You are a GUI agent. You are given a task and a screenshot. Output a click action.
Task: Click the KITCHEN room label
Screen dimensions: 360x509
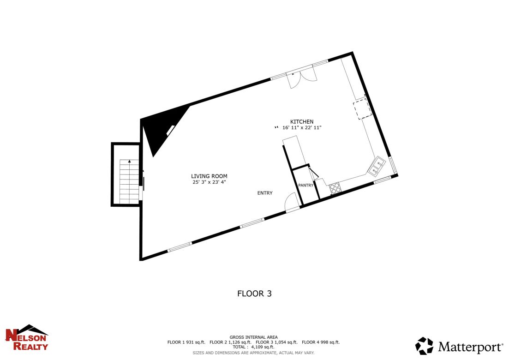click(x=301, y=122)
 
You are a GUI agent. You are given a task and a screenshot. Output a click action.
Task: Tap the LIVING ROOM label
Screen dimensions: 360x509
click(x=209, y=176)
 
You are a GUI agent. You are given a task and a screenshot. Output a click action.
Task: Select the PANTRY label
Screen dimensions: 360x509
click(x=306, y=186)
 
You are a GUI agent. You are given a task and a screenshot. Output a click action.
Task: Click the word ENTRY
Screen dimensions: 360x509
click(x=265, y=193)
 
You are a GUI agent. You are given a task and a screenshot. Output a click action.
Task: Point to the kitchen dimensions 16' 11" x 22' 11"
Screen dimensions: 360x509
click(x=302, y=128)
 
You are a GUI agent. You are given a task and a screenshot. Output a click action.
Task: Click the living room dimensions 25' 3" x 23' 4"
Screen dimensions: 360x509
click(x=209, y=182)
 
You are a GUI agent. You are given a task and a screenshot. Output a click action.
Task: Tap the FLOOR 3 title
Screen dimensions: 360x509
click(x=254, y=294)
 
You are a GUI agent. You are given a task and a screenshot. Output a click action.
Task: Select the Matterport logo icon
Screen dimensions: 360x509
click(x=424, y=346)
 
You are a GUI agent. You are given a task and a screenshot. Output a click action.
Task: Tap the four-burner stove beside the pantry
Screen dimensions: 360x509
click(x=335, y=188)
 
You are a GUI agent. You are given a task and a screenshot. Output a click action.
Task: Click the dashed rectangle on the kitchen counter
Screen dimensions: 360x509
click(x=363, y=109)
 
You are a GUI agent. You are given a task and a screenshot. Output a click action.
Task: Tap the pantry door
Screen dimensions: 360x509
click(x=313, y=174)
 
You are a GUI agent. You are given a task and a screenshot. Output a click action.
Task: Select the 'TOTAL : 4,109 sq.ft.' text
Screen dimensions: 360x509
click(x=253, y=347)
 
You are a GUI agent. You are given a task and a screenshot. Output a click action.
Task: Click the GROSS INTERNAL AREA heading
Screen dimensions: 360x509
click(x=253, y=337)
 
